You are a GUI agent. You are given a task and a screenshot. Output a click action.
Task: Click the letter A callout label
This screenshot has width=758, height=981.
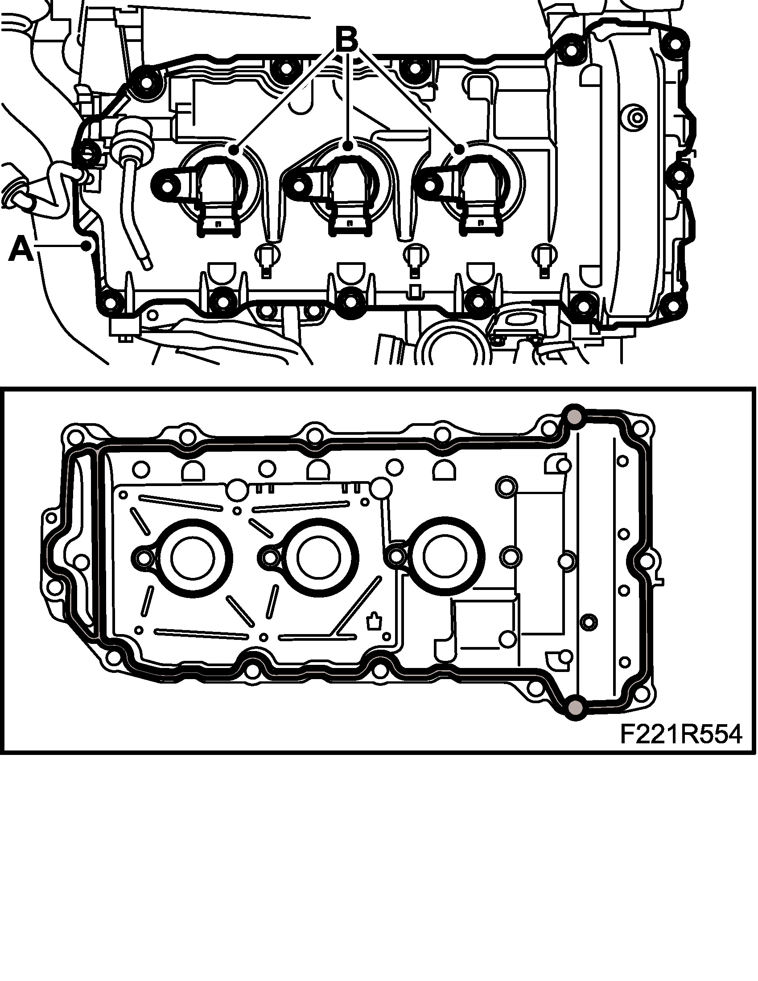click(x=21, y=250)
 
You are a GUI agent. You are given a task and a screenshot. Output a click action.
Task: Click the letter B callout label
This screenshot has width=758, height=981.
click(x=346, y=40)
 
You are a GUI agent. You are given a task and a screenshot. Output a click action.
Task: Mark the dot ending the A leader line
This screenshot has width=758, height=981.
click(x=86, y=245)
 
